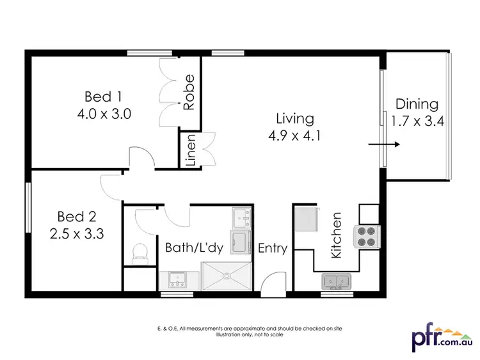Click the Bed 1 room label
[103, 97]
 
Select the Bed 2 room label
[76, 215]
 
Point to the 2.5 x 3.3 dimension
[76, 233]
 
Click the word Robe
[189, 94]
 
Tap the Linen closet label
[191, 150]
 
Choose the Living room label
[294, 118]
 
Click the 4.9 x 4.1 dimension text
[294, 136]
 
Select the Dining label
[417, 104]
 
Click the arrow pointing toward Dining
[385, 145]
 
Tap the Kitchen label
[337, 235]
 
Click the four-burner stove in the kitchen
[369, 237]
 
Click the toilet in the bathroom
[138, 254]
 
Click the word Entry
[273, 248]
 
